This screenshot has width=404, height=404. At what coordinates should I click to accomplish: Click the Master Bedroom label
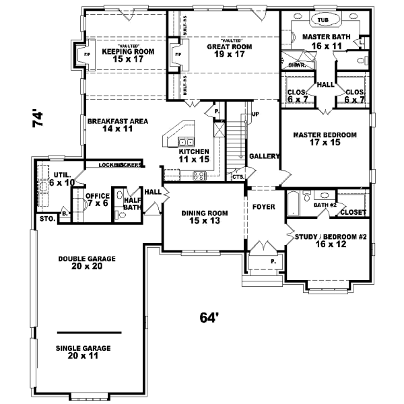pyautogui.click(x=325, y=139)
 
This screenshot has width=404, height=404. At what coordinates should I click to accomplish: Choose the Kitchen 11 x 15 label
pyautogui.click(x=195, y=156)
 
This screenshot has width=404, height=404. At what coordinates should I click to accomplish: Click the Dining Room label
pyautogui.click(x=205, y=217)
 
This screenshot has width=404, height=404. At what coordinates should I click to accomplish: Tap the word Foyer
pyautogui.click(x=264, y=207)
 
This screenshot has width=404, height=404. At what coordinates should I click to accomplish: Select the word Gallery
pyautogui.click(x=264, y=156)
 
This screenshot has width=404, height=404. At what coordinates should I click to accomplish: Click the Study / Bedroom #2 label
pyautogui.click(x=330, y=241)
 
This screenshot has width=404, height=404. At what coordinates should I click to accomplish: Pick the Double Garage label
pyautogui.click(x=87, y=262)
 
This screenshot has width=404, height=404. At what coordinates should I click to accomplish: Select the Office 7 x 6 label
pyautogui.click(x=97, y=200)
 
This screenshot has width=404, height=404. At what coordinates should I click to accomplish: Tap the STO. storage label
pyautogui.click(x=46, y=219)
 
